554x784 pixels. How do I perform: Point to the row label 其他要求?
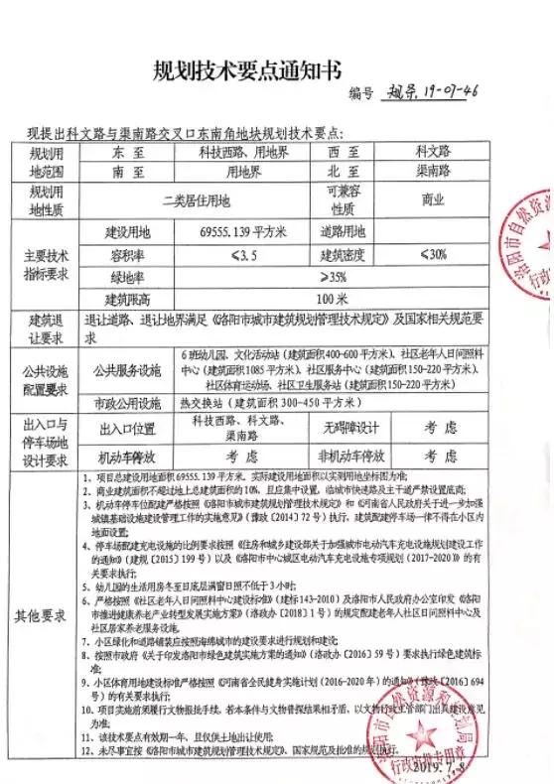pyautogui.click(x=40, y=615)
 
